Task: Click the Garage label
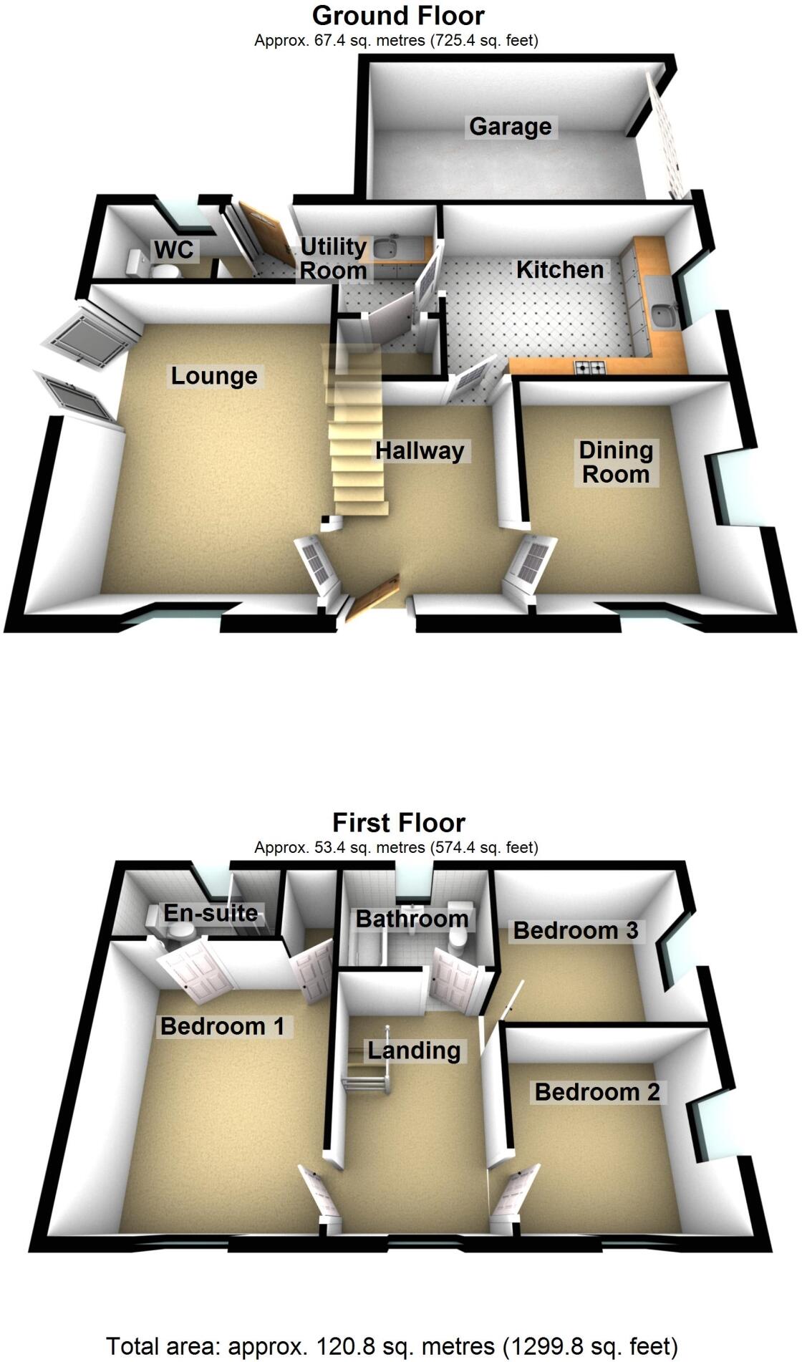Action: (x=510, y=127)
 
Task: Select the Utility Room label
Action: (x=333, y=259)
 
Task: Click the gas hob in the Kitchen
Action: (x=589, y=369)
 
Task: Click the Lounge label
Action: (x=213, y=376)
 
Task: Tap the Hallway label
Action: (x=420, y=450)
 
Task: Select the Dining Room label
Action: (x=616, y=463)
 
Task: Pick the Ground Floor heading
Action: (x=398, y=15)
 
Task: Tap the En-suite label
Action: (x=210, y=913)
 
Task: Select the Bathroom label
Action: (x=412, y=919)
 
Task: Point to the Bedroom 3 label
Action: (x=575, y=930)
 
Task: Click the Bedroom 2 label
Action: (x=596, y=1092)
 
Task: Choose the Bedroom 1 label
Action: (x=222, y=1026)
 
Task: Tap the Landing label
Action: (x=413, y=1051)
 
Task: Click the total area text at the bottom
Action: (x=392, y=1346)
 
